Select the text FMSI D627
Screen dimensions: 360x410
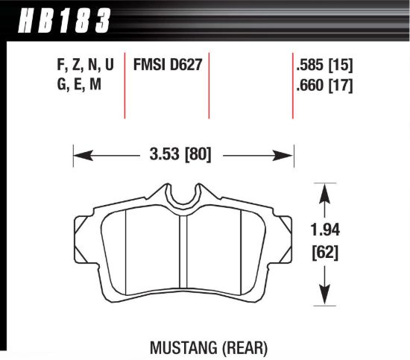pos(166,65)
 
